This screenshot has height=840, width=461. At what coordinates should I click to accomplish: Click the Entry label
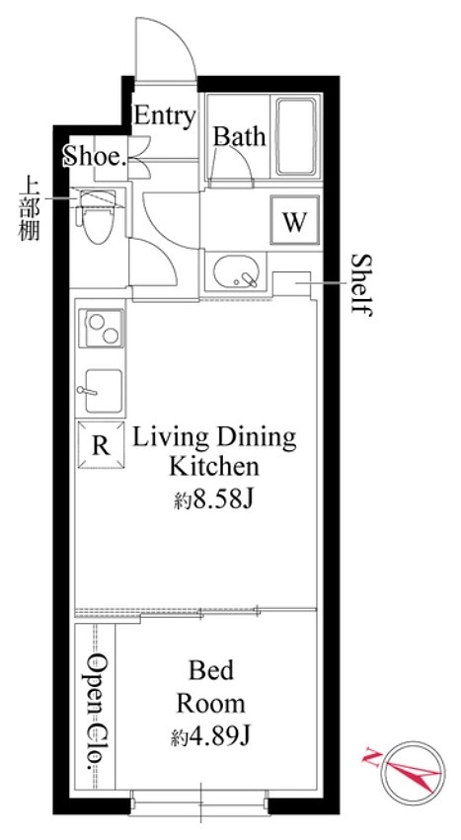[x=164, y=115]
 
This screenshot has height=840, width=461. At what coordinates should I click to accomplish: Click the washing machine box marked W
[x=293, y=220]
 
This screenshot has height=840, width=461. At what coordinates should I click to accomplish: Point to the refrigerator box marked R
[x=100, y=444]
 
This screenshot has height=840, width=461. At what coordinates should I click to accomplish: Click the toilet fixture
[x=98, y=215]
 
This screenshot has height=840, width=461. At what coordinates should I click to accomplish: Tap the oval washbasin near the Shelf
[x=234, y=270]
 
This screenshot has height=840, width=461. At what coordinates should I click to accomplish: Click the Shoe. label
[x=95, y=156]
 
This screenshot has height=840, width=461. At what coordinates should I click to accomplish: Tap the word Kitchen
[x=213, y=465]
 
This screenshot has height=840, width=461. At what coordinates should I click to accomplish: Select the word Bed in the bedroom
[x=210, y=672]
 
